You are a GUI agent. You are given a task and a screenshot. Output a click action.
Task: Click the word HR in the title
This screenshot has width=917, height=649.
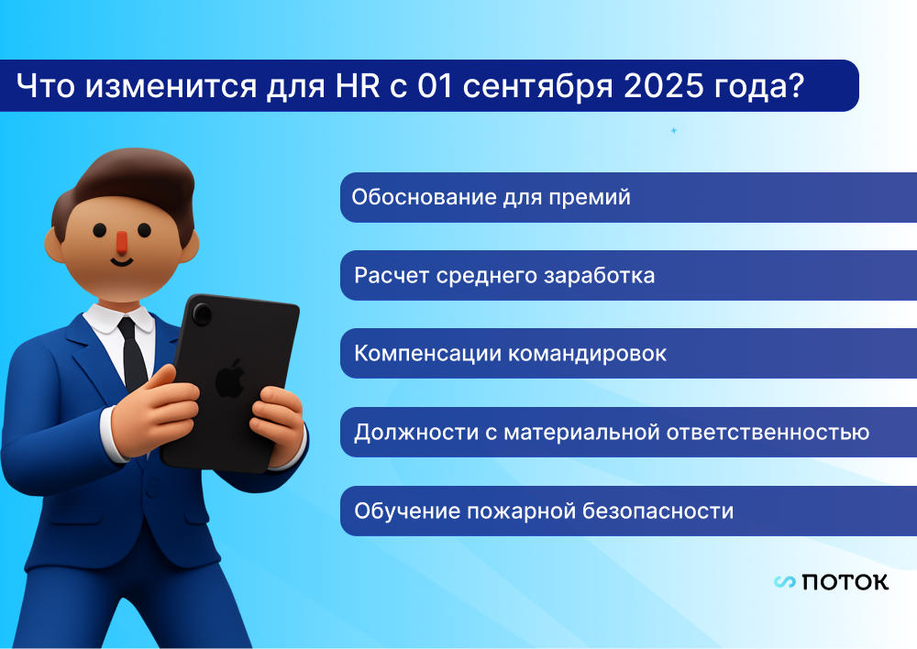(358, 86)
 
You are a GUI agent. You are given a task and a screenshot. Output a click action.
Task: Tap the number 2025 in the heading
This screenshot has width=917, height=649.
(664, 86)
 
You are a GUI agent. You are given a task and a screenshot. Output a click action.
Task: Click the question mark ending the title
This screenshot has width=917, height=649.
(796, 85)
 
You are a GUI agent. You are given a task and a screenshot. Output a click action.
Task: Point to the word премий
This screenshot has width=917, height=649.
(590, 198)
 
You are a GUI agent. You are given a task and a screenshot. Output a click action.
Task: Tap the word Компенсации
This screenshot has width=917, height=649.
(427, 354)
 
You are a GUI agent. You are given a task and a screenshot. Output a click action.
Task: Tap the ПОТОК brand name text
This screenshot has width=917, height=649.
(845, 582)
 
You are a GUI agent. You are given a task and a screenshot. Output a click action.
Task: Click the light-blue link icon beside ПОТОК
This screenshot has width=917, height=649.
(784, 582)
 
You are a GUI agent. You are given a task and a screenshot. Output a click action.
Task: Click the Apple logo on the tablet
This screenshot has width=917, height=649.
(230, 379)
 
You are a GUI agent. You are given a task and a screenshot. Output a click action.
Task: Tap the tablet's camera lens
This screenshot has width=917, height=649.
(203, 314)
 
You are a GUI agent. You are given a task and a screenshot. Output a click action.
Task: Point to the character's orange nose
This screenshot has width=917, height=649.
(121, 243)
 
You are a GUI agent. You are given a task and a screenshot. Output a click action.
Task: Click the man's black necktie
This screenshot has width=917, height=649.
(133, 354)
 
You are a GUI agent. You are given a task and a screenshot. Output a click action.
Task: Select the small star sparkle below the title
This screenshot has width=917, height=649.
(674, 130)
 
